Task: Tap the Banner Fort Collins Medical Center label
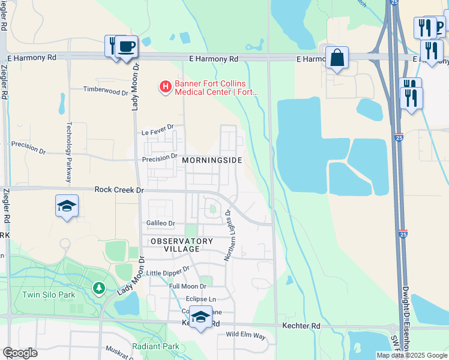click(x=215, y=88)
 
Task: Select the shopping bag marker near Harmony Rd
click(x=337, y=58)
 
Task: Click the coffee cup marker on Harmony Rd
click(x=126, y=46)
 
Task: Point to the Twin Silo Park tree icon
click(x=98, y=289)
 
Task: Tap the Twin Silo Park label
click(x=49, y=295)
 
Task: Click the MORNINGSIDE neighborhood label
click(x=212, y=160)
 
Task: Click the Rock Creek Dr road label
click(x=119, y=190)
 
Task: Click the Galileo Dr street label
click(x=160, y=223)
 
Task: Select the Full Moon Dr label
click(x=187, y=287)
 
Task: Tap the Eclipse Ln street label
click(x=200, y=299)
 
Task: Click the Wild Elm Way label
click(x=246, y=334)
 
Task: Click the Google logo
click(x=20, y=353)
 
